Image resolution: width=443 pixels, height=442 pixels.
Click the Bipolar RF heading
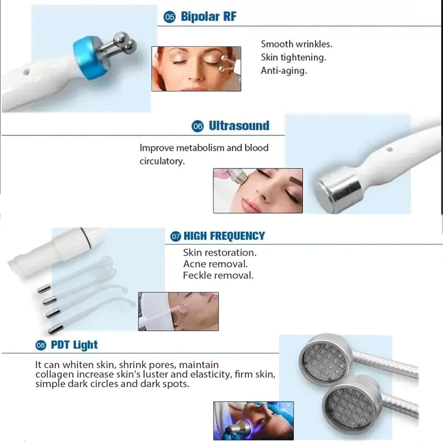click(208, 17)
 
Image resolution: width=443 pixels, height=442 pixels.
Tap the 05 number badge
click(170, 17)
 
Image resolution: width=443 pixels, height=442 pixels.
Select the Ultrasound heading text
click(239, 126)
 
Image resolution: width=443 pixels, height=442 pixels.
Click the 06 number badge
click(198, 126)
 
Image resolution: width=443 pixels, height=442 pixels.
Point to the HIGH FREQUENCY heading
click(224, 236)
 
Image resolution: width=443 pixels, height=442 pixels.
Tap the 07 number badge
click(176, 236)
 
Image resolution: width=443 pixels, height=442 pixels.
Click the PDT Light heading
click(74, 345)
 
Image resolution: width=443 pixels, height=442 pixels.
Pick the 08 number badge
click(41, 345)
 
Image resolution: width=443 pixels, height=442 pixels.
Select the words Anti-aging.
click(284, 71)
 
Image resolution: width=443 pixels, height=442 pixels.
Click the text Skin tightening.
click(293, 57)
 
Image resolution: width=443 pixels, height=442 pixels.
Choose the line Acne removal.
click(215, 264)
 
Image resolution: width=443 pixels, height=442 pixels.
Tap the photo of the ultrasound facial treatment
click(258, 191)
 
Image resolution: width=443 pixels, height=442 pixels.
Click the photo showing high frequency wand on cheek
click(178, 311)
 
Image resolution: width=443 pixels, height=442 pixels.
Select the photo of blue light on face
click(253, 420)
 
